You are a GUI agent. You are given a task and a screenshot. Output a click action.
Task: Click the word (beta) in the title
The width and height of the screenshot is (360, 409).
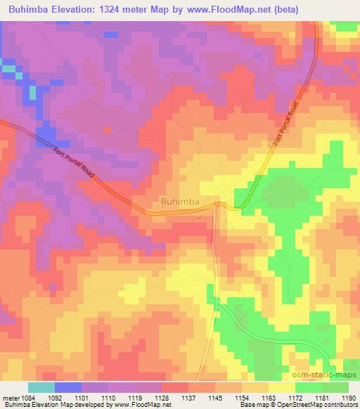tap(281, 10)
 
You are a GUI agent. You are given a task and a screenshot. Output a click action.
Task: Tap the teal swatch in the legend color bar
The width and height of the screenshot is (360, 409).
tap(41, 387)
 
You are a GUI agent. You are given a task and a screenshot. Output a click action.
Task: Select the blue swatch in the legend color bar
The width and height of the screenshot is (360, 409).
tap(68, 387)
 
